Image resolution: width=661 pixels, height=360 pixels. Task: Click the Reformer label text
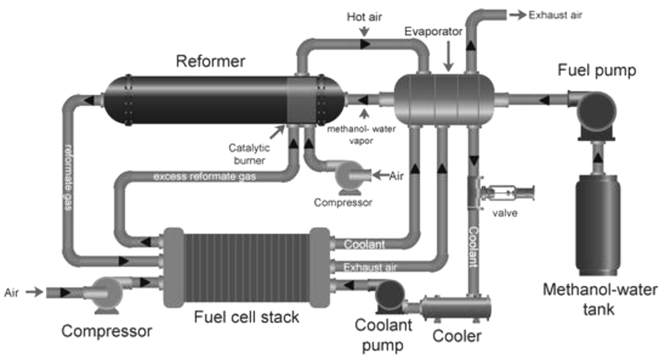coord(210,61)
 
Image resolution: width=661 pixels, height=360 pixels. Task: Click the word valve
coord(504,213)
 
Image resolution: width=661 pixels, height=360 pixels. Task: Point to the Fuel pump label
coord(596,70)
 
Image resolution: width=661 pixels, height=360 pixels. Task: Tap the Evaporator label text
coord(434,32)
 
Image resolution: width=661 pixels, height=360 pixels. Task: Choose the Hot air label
coord(364,17)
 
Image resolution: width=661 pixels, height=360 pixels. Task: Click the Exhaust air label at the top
coord(555,15)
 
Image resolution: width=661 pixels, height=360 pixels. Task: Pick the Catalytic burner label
coord(249,154)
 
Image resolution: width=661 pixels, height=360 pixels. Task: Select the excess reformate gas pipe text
coord(204,176)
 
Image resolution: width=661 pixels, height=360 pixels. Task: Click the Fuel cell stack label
coord(247,317)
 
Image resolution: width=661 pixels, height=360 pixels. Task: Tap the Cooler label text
coord(457,336)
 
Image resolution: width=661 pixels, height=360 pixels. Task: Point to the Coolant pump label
coord(383,335)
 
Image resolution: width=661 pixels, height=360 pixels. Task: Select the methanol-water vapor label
coord(362,135)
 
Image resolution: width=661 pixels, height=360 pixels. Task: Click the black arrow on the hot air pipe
coord(365,44)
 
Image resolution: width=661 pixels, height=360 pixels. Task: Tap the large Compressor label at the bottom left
coord(106,332)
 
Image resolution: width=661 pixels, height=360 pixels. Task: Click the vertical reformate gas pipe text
coord(69,177)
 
